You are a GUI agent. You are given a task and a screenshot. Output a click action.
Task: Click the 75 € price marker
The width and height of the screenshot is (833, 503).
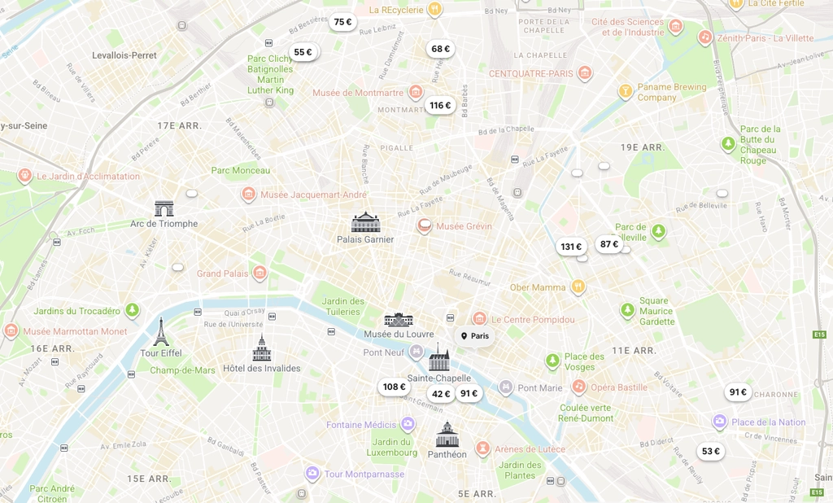pyautogui.click(x=342, y=22)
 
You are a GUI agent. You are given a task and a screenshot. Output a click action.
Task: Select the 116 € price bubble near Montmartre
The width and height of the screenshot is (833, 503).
pyautogui.click(x=440, y=105)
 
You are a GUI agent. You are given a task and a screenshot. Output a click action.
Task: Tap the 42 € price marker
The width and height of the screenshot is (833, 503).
pyautogui.click(x=441, y=394)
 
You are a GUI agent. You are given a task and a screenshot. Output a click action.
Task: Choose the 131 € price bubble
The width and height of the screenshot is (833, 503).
pyautogui.click(x=571, y=247)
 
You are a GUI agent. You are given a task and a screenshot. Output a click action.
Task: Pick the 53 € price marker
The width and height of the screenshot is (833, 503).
pyautogui.click(x=711, y=451)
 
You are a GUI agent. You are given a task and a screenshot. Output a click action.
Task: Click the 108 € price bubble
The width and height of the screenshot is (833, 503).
pyautogui.click(x=394, y=387)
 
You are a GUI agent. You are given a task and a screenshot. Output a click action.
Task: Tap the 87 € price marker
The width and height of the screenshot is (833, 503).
pyautogui.click(x=609, y=244)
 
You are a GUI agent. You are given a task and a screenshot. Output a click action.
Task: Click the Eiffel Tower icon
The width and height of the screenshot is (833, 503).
pyautogui.click(x=161, y=332)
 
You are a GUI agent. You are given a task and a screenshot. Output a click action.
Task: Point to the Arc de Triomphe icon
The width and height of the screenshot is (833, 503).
pyautogui.click(x=164, y=208)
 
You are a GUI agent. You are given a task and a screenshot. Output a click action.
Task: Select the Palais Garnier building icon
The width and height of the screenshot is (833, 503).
pyautogui.click(x=365, y=222)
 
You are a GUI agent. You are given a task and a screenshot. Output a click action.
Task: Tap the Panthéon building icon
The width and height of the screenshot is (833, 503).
pyautogui.click(x=447, y=435)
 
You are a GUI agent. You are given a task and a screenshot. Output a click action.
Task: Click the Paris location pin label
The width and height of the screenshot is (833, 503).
pyautogui.click(x=475, y=336)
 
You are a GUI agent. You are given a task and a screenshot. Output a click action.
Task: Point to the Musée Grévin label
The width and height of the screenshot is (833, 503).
pyautogui.click(x=463, y=226)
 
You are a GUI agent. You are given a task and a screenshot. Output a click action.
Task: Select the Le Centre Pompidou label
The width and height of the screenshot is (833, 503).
pyautogui.click(x=532, y=320)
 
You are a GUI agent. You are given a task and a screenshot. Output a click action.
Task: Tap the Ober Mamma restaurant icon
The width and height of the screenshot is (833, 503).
pyautogui.click(x=578, y=286)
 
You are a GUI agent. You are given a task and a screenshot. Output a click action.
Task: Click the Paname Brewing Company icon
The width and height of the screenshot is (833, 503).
pyautogui.click(x=626, y=91)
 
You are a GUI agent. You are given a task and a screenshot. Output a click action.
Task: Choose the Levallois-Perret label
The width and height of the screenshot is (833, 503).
pyautogui.click(x=124, y=55)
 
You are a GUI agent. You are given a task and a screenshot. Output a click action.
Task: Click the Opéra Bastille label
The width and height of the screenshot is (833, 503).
pyautogui.click(x=618, y=387)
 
